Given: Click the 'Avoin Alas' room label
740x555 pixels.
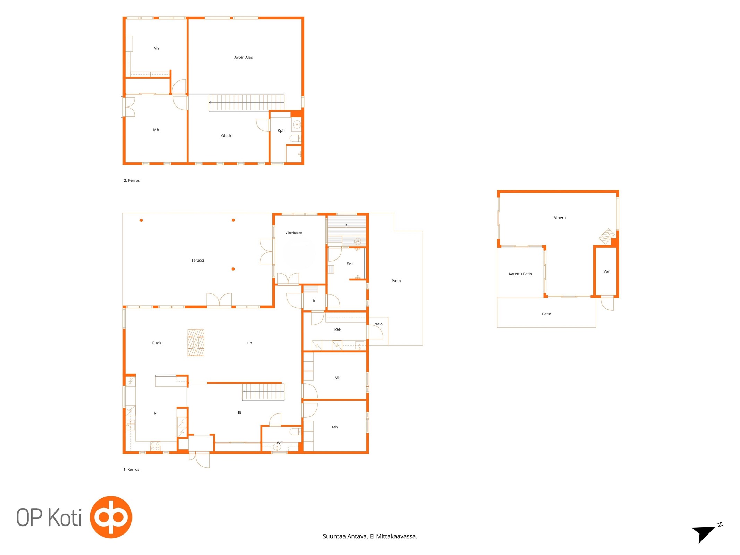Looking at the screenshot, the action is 243,57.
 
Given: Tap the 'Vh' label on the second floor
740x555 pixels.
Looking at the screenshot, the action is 156,48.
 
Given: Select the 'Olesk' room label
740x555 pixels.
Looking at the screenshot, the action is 226,136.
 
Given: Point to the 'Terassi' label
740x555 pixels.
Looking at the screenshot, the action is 197,260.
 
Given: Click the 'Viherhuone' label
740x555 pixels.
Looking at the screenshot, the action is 294,233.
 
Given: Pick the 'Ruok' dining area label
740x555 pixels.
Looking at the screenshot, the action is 156,343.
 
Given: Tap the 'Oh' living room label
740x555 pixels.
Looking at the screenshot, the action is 249,343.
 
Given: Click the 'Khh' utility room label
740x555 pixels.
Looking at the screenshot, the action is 338,330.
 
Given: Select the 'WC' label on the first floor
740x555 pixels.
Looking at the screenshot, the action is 280,443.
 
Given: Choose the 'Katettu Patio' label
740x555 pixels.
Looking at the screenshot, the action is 520,274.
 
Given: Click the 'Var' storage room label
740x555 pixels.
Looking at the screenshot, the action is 606,271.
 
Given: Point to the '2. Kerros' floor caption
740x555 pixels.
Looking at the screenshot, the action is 132,180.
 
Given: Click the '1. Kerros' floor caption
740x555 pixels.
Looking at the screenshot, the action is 131,469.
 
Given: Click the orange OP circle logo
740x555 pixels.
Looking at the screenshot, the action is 111,517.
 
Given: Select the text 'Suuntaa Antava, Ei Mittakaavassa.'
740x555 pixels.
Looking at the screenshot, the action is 370,536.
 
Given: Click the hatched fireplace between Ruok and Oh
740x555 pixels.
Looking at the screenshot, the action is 196,343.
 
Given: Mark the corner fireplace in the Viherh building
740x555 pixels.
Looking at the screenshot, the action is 607,236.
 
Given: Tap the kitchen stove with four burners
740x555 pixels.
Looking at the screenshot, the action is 155,446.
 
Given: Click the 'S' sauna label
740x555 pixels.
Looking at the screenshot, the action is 346,226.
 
